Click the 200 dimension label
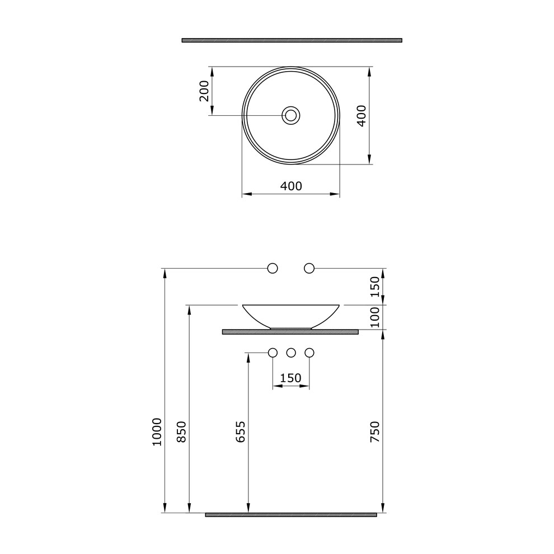click(204, 91)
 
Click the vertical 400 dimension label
click(361, 115)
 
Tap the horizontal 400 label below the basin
click(291, 186)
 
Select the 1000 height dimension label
click(157, 432)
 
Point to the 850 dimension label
click(181, 431)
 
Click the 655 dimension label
click(241, 431)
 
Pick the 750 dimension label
click(375, 431)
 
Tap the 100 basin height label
click(375, 317)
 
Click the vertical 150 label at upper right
click(375, 287)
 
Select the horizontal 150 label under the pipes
click(291, 378)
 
